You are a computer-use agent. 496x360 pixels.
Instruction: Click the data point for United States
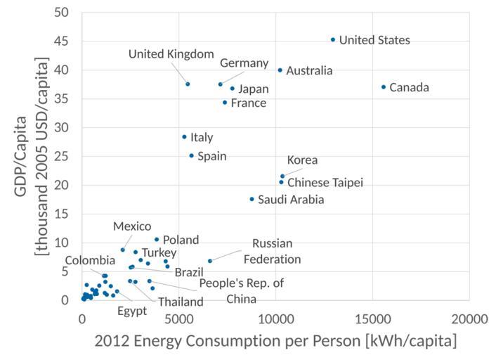click(x=333, y=39)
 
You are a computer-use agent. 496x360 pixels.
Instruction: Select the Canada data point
click(x=384, y=87)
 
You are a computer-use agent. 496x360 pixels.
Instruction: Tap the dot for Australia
click(x=280, y=70)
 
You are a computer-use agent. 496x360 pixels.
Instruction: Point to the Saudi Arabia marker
click(x=252, y=199)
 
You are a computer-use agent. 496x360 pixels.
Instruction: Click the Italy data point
click(x=184, y=137)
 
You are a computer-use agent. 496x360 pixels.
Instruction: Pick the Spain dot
click(x=191, y=155)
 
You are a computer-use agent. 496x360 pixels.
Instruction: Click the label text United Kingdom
click(x=171, y=54)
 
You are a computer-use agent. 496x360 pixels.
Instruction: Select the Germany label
click(x=244, y=63)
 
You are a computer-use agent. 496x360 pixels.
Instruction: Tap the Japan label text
click(x=254, y=89)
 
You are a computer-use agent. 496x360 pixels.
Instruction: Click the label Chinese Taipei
click(x=325, y=184)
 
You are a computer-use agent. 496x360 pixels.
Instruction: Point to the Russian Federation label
click(x=272, y=251)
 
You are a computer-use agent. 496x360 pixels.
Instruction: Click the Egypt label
click(x=132, y=310)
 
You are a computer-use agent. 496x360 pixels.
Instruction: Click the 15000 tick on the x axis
click(x=372, y=319)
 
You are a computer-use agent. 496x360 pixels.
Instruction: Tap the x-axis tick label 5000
click(x=178, y=319)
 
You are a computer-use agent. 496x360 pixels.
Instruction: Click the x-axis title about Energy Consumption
click(x=275, y=341)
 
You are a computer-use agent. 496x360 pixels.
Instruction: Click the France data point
click(x=225, y=103)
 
